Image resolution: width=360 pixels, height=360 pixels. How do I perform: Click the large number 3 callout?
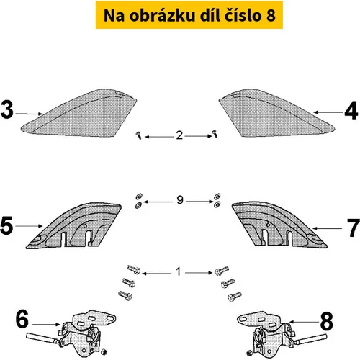pos(6,109)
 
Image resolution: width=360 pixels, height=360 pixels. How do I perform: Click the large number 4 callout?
pos(351,110)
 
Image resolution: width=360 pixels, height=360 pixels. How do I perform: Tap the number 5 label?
pos(6,225)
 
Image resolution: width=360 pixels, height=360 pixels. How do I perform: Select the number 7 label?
pos(354,228)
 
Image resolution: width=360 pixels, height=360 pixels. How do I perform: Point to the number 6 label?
pos(22,319)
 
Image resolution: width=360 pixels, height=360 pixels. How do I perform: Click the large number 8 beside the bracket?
pos(327,321)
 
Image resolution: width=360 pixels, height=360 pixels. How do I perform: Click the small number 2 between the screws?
pos(179,135)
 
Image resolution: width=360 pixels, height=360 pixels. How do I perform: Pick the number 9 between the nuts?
pos(180,199)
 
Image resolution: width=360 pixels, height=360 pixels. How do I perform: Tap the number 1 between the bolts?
pos(178,271)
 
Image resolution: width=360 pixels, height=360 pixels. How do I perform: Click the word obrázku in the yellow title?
pos(162,15)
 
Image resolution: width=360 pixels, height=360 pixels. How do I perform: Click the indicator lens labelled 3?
pos(79,113)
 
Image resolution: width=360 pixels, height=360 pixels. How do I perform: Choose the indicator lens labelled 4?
pos(276,113)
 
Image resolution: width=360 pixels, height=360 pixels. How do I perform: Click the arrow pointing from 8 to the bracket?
pos(304,322)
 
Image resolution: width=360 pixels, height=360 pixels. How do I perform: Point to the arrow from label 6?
pos(46,325)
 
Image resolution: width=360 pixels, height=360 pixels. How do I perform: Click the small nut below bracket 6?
pos(104,352)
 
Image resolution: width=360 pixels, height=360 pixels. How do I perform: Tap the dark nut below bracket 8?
pos(249,353)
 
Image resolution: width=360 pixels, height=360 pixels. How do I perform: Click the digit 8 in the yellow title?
pos(271,15)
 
